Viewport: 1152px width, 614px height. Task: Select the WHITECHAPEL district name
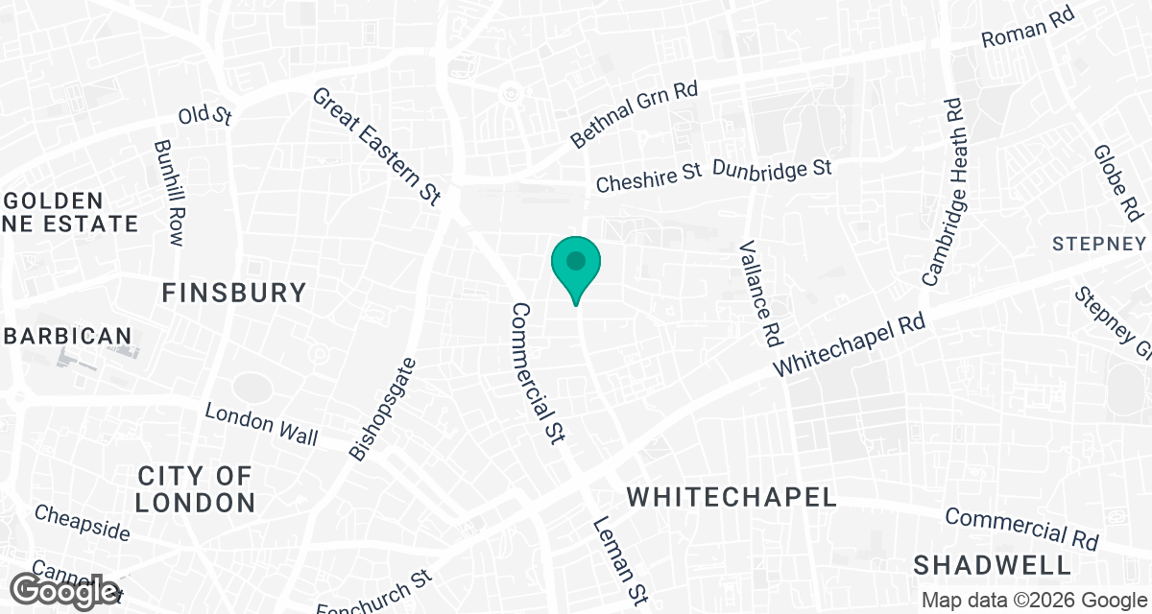pyautogui.click(x=732, y=496)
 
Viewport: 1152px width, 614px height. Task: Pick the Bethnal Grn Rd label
pyautogui.click(x=634, y=115)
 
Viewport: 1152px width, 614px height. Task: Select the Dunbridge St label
pyautogui.click(x=772, y=169)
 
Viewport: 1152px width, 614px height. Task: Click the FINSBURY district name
pyautogui.click(x=234, y=293)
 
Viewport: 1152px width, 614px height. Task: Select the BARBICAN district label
pyautogui.click(x=67, y=336)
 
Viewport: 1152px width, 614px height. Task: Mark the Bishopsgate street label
pyautogui.click(x=383, y=409)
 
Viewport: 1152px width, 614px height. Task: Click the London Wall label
pyautogui.click(x=261, y=423)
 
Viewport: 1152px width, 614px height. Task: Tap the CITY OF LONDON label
pyautogui.click(x=195, y=488)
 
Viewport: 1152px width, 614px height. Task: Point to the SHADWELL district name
pyautogui.click(x=992, y=563)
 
